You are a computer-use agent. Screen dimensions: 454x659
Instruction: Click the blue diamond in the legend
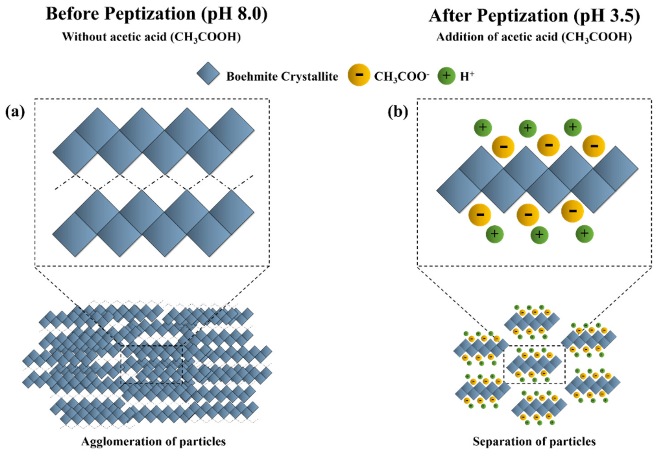208,73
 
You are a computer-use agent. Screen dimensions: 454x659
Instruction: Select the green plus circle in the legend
446,76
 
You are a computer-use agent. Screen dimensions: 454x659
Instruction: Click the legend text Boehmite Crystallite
282,76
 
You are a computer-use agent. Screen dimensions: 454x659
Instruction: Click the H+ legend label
467,76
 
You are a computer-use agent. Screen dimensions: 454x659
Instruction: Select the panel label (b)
398,112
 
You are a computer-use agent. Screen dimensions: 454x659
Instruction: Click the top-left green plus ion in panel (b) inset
483,127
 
